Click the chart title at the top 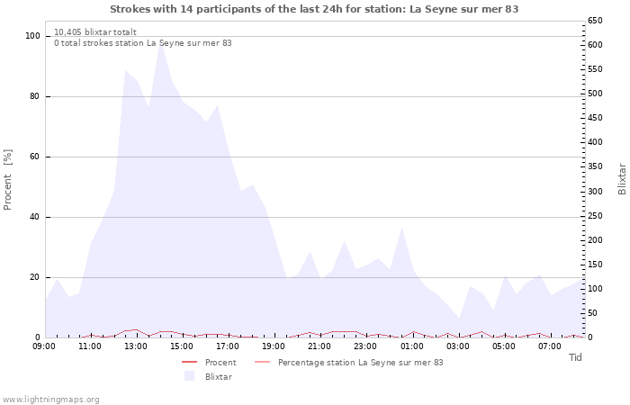(x=314, y=9)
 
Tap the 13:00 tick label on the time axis (x=135, y=346)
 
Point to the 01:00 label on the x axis (x=412, y=346)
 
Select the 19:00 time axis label (x=274, y=346)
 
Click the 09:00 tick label (x=44, y=346)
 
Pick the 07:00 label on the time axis (x=550, y=346)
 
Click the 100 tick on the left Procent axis (x=32, y=36)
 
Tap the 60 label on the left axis (x=34, y=157)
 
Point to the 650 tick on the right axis (x=595, y=21)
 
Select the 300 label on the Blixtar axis (x=595, y=191)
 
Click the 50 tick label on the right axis (x=592, y=313)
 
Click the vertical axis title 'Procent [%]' (x=7, y=180)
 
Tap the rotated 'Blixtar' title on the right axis (x=622, y=179)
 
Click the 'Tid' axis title (x=575, y=357)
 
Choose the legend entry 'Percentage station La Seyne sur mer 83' (x=349, y=363)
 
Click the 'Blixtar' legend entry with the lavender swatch (x=208, y=376)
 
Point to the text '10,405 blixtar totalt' (x=95, y=31)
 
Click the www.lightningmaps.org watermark (x=50, y=400)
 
